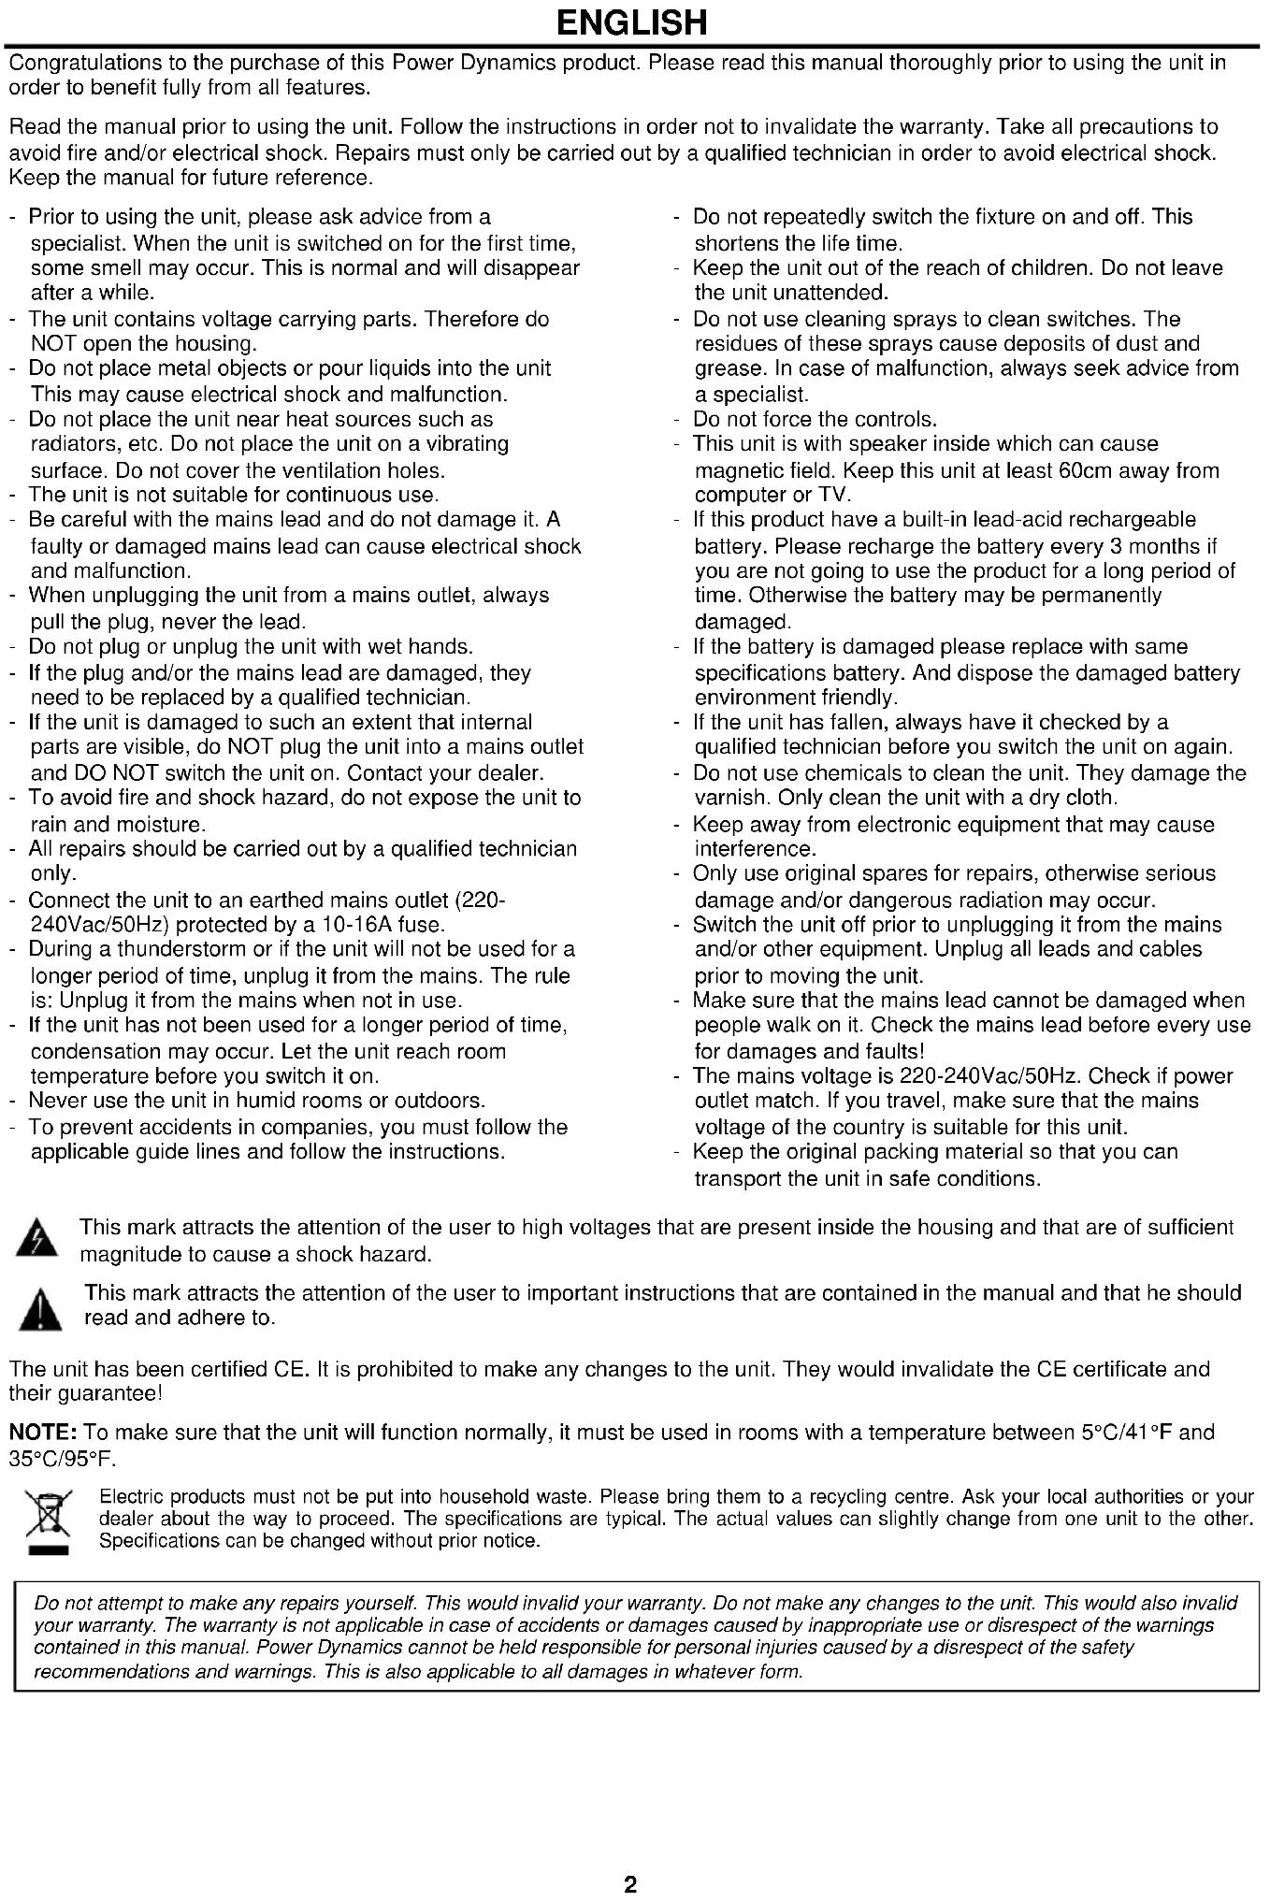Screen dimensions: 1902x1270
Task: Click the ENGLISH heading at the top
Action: [x=631, y=22]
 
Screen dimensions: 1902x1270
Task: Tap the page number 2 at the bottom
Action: [x=630, y=1882]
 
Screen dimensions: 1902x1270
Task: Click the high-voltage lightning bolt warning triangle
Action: [x=36, y=1240]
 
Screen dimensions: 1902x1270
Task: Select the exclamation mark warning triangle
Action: [x=40, y=1307]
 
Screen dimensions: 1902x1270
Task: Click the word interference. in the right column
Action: [x=755, y=849]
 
